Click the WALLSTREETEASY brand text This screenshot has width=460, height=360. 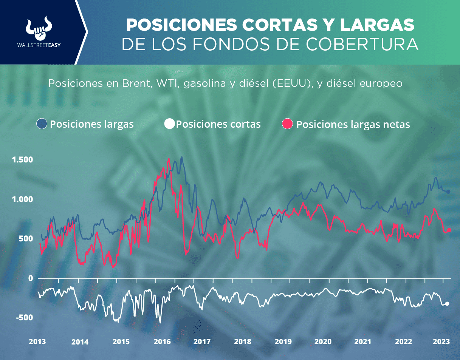[x=39, y=45]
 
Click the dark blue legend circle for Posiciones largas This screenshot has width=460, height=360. [x=42, y=124]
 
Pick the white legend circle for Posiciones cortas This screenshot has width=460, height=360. [x=170, y=124]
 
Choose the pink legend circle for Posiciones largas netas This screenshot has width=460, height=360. [x=288, y=124]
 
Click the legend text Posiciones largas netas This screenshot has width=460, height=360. [x=353, y=125]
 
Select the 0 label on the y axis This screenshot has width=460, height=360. [x=30, y=278]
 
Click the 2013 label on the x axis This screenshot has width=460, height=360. [x=37, y=341]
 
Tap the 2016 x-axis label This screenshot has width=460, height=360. [x=162, y=341]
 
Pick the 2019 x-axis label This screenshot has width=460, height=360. [x=283, y=341]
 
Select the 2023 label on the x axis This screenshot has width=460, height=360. [x=441, y=341]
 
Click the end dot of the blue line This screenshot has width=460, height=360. [x=448, y=192]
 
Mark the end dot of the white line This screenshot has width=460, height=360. [x=447, y=304]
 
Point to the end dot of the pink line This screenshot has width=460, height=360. [x=449, y=230]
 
